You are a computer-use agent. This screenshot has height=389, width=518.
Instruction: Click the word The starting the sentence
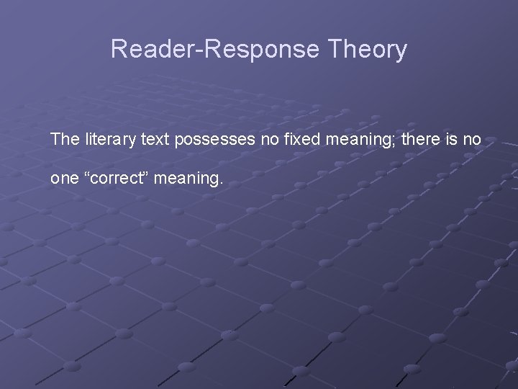click(x=63, y=139)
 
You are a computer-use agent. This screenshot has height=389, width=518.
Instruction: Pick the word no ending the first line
click(x=471, y=139)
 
